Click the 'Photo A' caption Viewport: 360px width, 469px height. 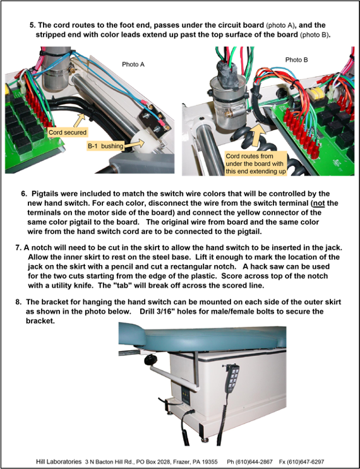(133, 64)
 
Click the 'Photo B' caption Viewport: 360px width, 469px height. (297, 60)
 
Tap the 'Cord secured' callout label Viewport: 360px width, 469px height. (68, 132)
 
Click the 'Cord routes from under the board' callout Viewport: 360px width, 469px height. (256, 163)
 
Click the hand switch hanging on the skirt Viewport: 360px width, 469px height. (232, 379)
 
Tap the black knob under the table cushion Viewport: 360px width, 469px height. (151, 360)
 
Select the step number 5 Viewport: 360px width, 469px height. (33, 25)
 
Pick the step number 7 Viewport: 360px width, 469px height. (18, 247)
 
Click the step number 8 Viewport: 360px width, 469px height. (18, 302)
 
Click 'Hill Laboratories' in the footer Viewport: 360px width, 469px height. (59, 461)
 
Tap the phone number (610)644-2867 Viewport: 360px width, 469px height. (255, 461)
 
